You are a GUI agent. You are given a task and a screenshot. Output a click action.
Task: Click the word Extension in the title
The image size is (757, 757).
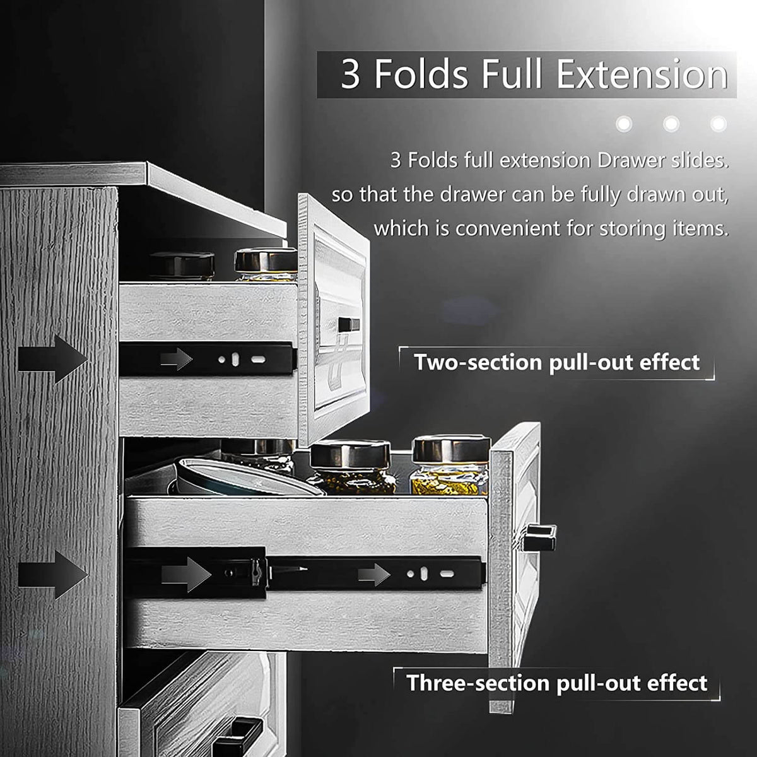(x=642, y=74)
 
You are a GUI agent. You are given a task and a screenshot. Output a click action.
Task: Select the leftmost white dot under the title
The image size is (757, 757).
(x=625, y=124)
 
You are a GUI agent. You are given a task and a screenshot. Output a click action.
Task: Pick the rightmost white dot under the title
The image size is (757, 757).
(x=718, y=124)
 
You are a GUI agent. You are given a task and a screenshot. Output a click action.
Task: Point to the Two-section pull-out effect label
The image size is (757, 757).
(x=557, y=363)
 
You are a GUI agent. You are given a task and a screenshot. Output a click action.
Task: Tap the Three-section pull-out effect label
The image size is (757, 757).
(x=557, y=683)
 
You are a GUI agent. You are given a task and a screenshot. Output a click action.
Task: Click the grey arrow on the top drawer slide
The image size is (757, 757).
(x=177, y=360)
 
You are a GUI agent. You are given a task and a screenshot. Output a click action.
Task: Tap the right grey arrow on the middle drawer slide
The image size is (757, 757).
(x=375, y=575)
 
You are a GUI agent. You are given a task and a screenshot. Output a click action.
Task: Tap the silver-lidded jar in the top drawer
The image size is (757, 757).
(x=266, y=266)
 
